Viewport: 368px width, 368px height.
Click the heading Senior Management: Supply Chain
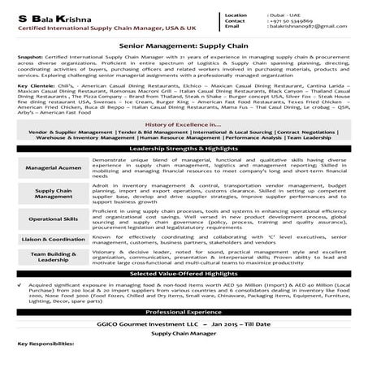click(x=184, y=51)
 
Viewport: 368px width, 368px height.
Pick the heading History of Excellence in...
click(x=182, y=123)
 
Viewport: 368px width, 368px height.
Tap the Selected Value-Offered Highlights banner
click(x=184, y=275)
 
